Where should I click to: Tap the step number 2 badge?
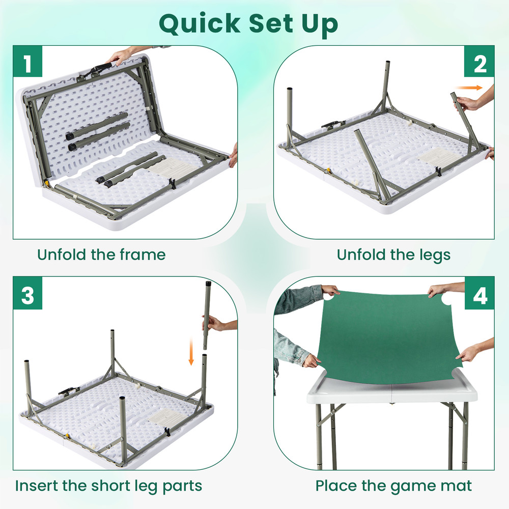coord(480,64)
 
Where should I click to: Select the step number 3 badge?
coord(27,295)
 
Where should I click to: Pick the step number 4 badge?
coord(480,295)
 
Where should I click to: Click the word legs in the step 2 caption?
coord(433,254)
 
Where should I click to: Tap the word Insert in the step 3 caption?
coord(39,485)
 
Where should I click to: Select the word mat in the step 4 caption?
coord(458,485)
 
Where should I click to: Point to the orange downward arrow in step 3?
coord(191,352)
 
